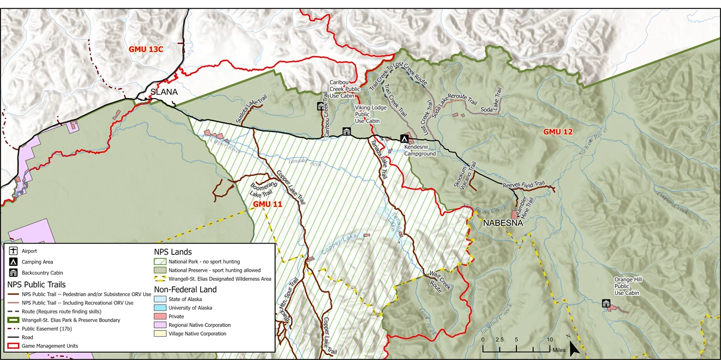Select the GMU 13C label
146,49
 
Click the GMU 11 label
268,204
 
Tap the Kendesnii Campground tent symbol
405,139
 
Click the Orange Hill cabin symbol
606,303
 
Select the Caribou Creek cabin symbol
321,107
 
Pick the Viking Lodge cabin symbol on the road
347,131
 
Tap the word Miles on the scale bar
558,350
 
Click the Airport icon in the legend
12,251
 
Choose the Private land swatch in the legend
160,317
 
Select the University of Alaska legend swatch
160,308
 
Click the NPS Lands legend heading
172,252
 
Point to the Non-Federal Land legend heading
185,289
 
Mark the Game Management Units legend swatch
12,346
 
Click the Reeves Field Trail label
524,185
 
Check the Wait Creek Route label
441,279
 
